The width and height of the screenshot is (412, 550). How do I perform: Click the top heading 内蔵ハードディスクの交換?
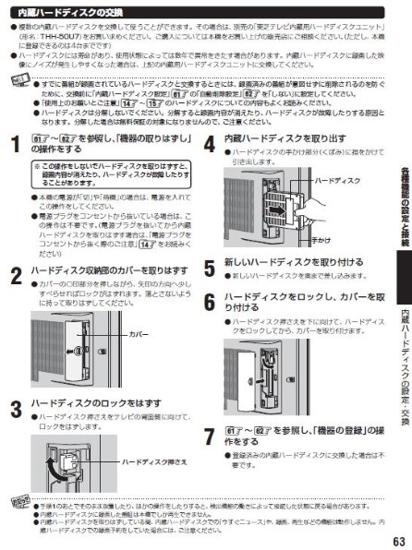(70, 10)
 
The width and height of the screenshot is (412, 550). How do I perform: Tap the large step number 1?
(16, 143)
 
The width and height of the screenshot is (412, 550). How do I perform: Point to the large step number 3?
(16, 406)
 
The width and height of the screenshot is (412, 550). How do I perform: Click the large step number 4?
(211, 143)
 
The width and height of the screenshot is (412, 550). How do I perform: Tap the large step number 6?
(211, 302)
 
